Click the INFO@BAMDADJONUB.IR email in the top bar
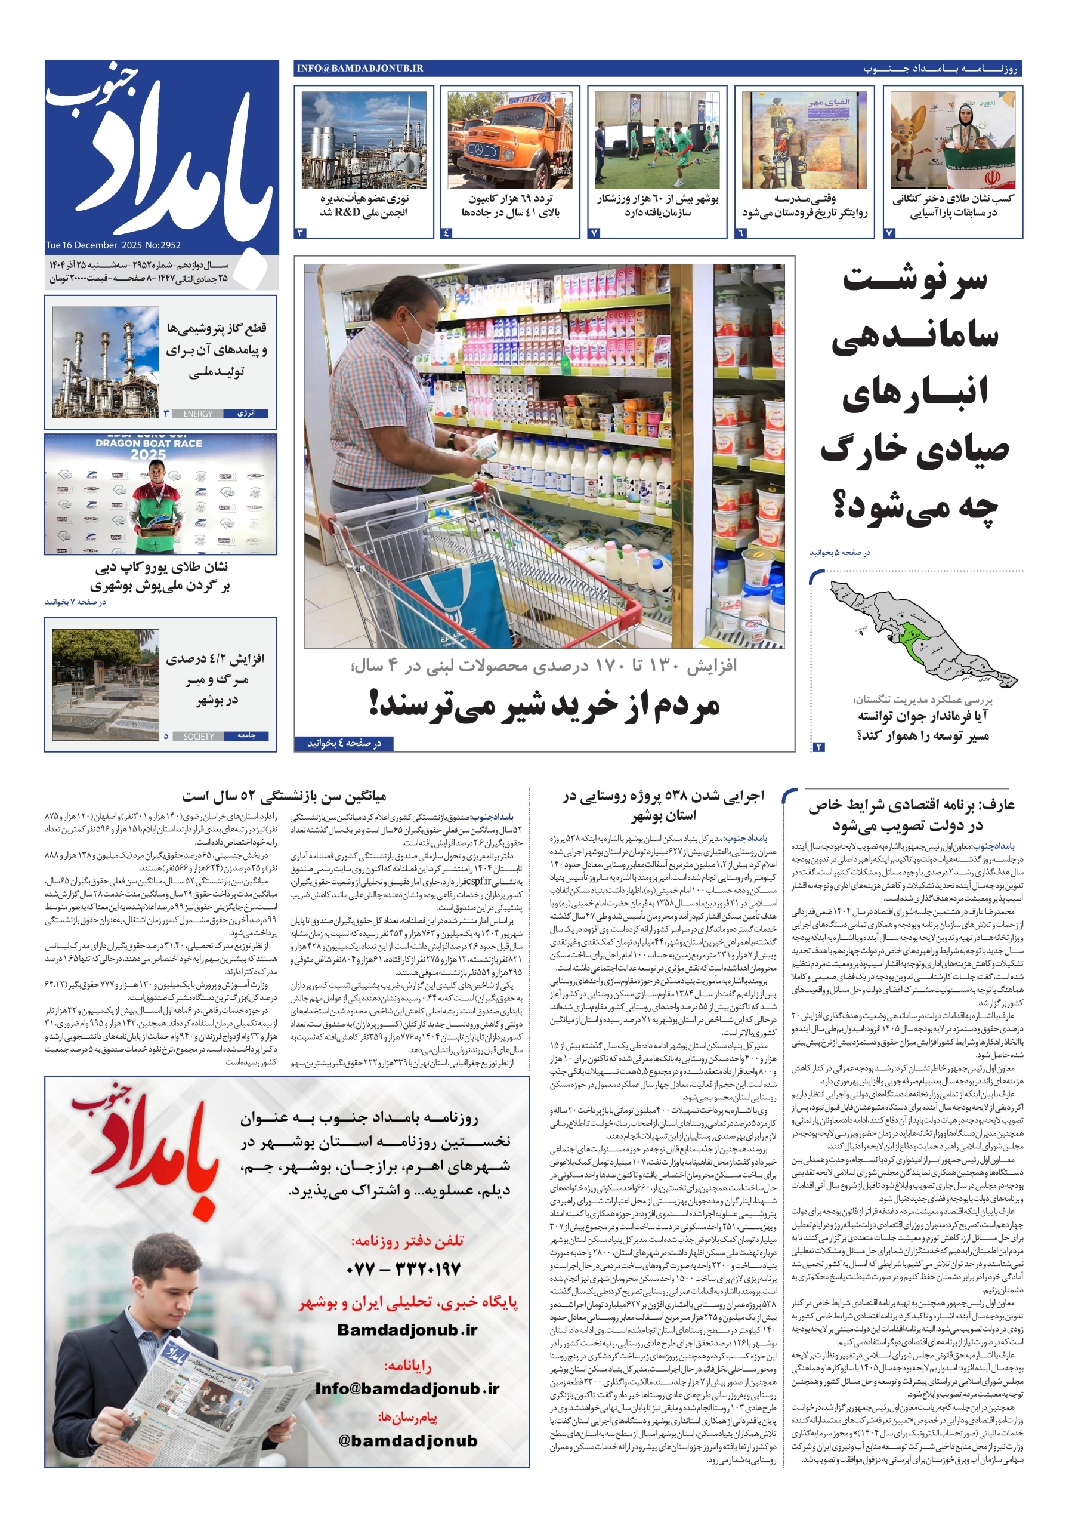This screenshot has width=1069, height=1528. (360, 69)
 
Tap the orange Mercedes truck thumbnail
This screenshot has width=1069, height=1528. (509, 140)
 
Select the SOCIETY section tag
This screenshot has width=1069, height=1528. (198, 736)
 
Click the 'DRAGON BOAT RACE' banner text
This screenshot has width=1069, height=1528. (149, 443)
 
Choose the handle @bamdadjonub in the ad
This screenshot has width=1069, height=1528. (408, 1441)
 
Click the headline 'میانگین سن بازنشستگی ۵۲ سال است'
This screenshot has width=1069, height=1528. (283, 796)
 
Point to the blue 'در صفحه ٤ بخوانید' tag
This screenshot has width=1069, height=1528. (344, 743)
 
